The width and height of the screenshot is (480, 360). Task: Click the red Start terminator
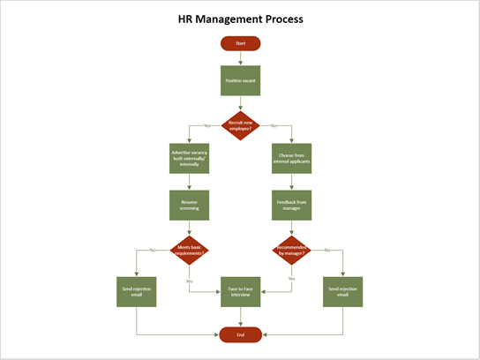click(x=240, y=42)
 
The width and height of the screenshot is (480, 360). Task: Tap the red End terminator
click(x=240, y=334)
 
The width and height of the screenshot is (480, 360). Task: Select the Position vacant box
click(x=240, y=80)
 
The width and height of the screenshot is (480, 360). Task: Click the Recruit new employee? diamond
click(x=240, y=126)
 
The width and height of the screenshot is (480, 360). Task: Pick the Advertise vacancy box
click(x=190, y=159)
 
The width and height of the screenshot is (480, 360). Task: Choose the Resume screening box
click(x=190, y=205)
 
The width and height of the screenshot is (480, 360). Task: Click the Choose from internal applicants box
click(x=290, y=159)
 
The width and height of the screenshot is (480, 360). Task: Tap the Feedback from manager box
click(x=290, y=205)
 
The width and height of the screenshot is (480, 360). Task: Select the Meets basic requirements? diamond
click(x=190, y=251)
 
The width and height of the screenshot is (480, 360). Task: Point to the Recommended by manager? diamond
click(x=290, y=251)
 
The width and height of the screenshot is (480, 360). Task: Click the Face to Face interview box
click(x=240, y=292)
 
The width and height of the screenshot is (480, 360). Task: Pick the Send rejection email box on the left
click(x=137, y=292)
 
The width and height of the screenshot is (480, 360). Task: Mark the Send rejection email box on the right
click(x=342, y=292)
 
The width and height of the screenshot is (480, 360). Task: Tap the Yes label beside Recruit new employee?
click(x=207, y=126)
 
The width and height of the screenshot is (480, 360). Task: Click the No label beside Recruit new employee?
click(x=274, y=126)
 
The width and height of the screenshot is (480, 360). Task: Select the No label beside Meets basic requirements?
click(x=153, y=251)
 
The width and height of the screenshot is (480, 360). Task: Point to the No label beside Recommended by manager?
click(x=327, y=251)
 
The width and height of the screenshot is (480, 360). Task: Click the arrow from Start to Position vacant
click(x=240, y=57)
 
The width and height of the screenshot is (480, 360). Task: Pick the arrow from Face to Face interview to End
click(x=240, y=318)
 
